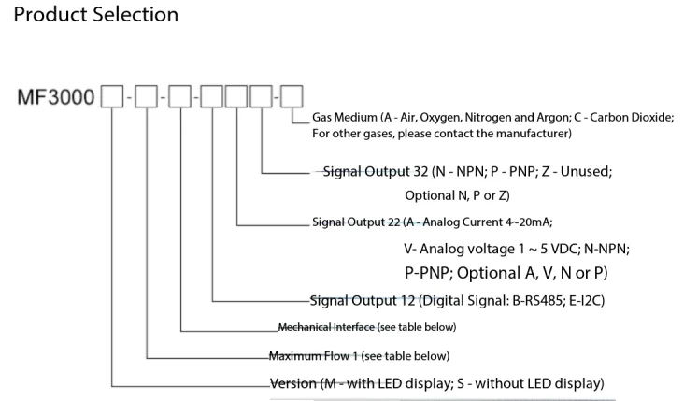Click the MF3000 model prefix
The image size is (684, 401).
(x=56, y=97)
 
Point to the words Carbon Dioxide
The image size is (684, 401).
(x=632, y=118)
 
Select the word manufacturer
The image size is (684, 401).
(x=531, y=134)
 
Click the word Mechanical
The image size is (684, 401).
(x=306, y=327)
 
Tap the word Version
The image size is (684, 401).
(x=293, y=383)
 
